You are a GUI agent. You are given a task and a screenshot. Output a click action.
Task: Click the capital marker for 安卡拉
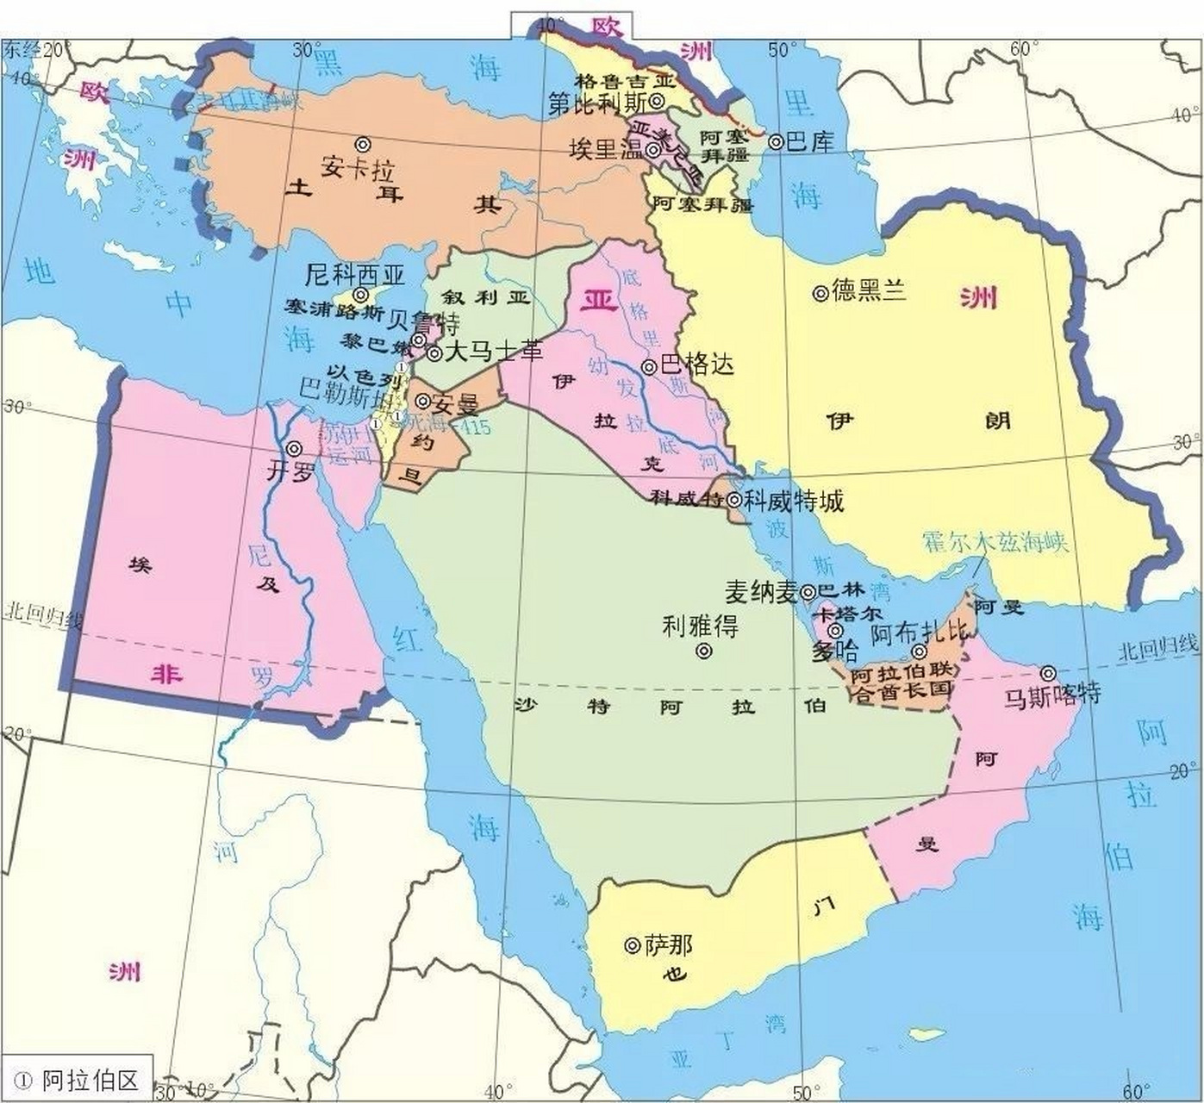364,144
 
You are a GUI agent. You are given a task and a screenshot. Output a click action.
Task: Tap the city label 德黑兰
869,291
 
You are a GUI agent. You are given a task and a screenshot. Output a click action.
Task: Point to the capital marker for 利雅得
704,651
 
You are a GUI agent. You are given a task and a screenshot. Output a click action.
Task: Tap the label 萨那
669,945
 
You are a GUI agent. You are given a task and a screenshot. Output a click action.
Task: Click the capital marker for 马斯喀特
1048,673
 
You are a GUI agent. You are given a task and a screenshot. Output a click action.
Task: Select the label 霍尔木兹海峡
995,542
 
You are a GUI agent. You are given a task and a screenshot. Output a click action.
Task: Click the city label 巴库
810,141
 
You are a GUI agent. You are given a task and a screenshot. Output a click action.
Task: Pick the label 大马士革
493,352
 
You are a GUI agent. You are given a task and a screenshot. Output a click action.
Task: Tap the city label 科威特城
794,501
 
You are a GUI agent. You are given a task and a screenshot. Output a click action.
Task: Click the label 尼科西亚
355,275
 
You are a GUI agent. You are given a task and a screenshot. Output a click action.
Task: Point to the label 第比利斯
596,103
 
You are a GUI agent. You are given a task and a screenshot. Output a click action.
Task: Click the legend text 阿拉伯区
90,1081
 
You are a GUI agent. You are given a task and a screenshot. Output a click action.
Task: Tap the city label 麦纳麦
760,592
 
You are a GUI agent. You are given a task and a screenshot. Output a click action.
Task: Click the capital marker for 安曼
423,402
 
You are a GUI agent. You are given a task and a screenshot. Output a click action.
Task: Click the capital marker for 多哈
835,630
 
